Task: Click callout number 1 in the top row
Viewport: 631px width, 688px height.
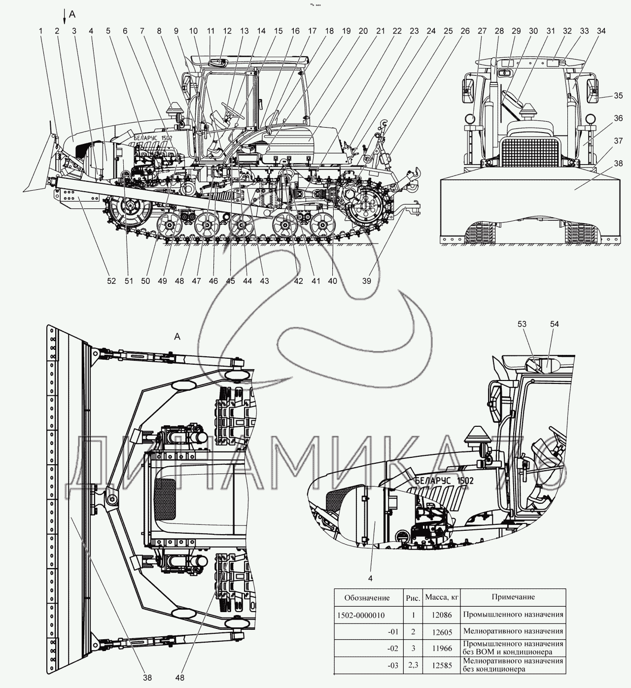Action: (x=41, y=31)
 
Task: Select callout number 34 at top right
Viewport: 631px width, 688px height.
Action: (x=601, y=31)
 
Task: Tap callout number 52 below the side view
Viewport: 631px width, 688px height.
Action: (x=111, y=281)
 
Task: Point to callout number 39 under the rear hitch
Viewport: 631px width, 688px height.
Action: (x=367, y=281)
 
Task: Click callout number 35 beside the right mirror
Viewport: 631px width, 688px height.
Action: (x=618, y=95)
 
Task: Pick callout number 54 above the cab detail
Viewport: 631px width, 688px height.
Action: (x=555, y=324)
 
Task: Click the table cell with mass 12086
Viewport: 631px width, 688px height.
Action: (x=441, y=615)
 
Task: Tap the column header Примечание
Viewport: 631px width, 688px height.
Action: (x=513, y=597)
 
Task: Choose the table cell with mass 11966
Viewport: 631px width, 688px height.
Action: (x=441, y=649)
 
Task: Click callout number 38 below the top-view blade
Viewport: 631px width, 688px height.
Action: (x=147, y=678)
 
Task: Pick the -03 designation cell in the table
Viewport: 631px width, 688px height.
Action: (x=393, y=666)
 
